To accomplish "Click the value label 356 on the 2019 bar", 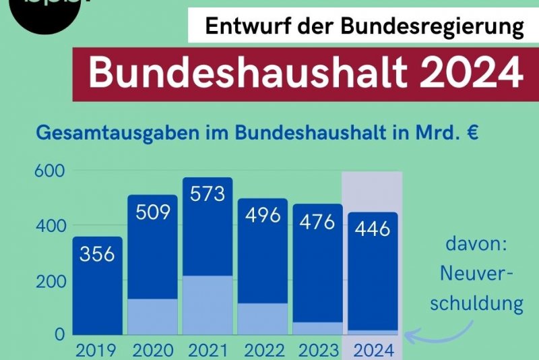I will point(97,254).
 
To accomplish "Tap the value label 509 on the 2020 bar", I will point(152,212).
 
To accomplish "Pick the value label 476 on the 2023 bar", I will point(317,221).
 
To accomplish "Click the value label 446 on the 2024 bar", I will point(372,229).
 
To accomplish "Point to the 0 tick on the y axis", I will point(59,334).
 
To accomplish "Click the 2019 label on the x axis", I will point(97,351).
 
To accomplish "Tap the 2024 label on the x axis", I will point(372,351).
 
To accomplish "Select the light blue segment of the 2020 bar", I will point(152,317).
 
